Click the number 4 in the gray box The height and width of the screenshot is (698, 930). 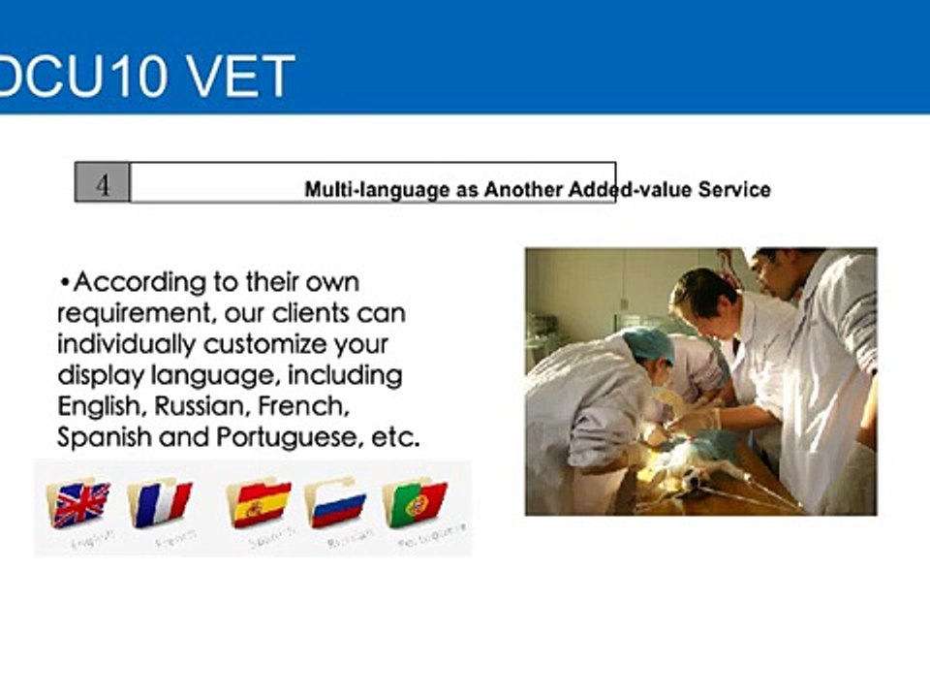pos(103,183)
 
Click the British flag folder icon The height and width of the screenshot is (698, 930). pos(80,503)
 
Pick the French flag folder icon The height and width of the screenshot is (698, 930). pos(161,503)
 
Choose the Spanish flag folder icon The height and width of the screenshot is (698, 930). pos(260,503)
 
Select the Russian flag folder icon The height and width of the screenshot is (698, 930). pos(336,503)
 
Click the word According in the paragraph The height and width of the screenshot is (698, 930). pos(141,283)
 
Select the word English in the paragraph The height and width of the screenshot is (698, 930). pos(95,406)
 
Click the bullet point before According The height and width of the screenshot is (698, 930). pos(65,283)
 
